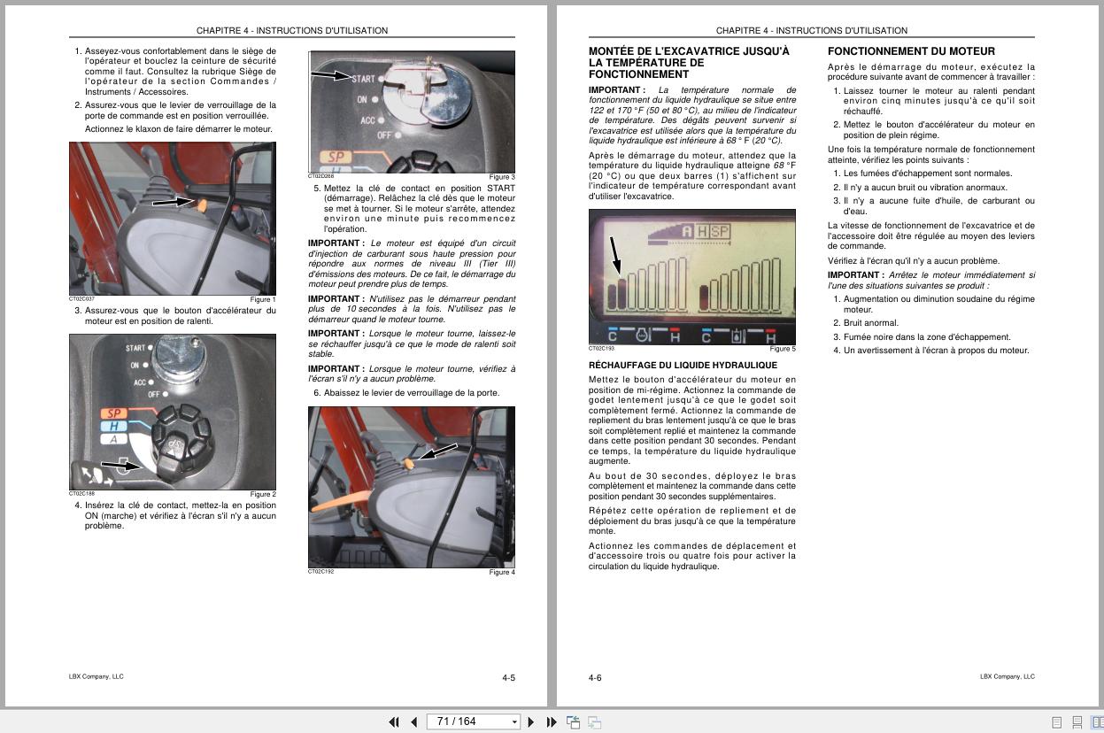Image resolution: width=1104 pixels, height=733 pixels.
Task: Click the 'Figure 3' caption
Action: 501,177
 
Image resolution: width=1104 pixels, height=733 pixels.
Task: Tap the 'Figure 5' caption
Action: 782,349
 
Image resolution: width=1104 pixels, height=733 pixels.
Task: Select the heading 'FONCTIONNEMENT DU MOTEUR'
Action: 911,51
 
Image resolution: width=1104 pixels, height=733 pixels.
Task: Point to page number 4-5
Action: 508,678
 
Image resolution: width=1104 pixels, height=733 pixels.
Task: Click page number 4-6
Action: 595,678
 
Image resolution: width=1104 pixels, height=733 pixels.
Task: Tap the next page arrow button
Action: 531,722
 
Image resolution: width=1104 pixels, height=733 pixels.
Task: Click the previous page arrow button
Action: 413,722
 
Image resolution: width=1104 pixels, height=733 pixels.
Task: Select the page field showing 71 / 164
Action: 472,722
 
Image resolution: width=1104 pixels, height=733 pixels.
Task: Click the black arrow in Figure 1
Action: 172,202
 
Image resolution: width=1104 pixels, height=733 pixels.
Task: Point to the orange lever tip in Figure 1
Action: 202,204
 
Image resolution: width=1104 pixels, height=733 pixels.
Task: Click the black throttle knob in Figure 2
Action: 181,436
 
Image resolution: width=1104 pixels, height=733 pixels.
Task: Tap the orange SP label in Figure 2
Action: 113,413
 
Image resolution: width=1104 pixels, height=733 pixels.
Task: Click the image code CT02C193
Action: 603,349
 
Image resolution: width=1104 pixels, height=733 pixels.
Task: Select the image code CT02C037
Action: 81,299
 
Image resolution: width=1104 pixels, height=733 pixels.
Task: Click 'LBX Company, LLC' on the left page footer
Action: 97,676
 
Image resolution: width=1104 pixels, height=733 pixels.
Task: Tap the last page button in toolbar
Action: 552,722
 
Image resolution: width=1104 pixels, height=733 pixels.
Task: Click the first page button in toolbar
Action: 394,722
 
